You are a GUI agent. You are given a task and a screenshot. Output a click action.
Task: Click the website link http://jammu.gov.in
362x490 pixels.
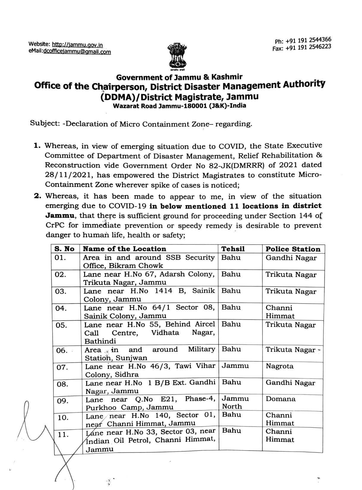click(x=77, y=45)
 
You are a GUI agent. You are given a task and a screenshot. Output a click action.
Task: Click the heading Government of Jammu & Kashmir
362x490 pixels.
click(x=179, y=78)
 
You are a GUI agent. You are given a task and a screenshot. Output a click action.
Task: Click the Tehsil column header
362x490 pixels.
click(x=233, y=249)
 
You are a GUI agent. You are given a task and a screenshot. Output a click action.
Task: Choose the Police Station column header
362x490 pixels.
click(x=293, y=249)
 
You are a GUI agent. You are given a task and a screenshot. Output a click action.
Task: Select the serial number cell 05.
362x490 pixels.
click(x=62, y=325)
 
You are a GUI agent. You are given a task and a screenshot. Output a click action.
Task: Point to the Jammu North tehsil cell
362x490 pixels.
click(x=235, y=402)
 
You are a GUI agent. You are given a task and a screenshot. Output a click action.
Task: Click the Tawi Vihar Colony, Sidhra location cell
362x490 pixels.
click(x=150, y=370)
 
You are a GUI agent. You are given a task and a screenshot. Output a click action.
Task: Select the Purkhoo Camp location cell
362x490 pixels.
click(x=150, y=403)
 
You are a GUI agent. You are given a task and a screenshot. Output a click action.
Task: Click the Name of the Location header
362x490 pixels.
click(x=125, y=249)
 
